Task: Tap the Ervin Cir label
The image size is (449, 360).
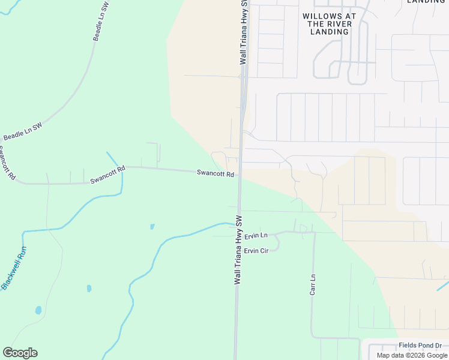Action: (x=256, y=250)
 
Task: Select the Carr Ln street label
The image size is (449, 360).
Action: (x=313, y=285)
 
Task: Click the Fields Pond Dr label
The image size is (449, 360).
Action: (x=420, y=346)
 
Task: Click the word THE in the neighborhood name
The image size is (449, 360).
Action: (x=316, y=24)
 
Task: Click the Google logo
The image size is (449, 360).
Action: (x=20, y=353)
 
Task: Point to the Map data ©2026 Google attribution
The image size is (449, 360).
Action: (x=412, y=355)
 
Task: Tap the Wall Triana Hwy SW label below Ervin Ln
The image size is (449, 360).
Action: (x=238, y=250)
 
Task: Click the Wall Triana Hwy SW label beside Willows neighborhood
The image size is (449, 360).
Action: (x=244, y=33)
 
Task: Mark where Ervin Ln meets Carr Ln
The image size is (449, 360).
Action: (x=313, y=232)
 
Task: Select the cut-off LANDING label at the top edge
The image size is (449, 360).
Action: (x=426, y=2)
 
